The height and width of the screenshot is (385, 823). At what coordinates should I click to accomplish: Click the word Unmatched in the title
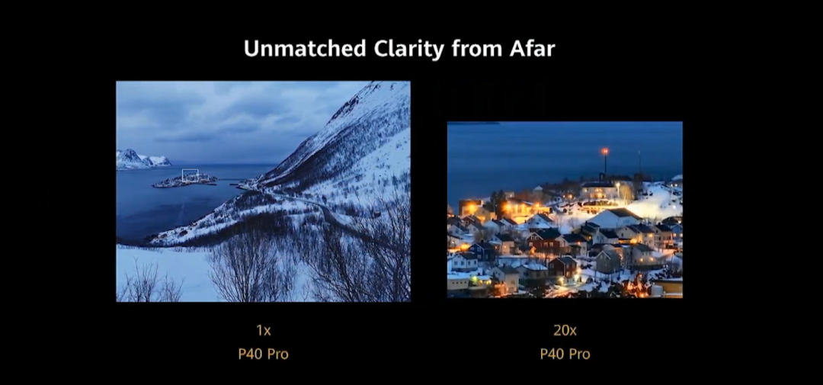[305, 49]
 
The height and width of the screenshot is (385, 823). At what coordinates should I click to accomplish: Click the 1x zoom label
[264, 330]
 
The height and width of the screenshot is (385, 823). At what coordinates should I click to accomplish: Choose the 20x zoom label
[565, 330]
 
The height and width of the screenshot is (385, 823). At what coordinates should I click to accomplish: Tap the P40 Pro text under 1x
[264, 354]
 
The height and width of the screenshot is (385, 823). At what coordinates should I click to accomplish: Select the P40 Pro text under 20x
[565, 354]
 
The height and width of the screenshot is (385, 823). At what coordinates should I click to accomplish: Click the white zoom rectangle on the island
[190, 170]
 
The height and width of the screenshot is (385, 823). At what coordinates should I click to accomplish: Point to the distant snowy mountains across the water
[142, 159]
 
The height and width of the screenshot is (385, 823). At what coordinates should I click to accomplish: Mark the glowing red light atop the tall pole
[604, 151]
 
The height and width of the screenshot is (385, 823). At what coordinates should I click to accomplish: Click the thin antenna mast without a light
[639, 163]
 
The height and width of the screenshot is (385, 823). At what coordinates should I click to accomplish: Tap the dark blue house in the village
[481, 251]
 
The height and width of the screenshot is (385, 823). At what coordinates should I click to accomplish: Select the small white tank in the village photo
[656, 290]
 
